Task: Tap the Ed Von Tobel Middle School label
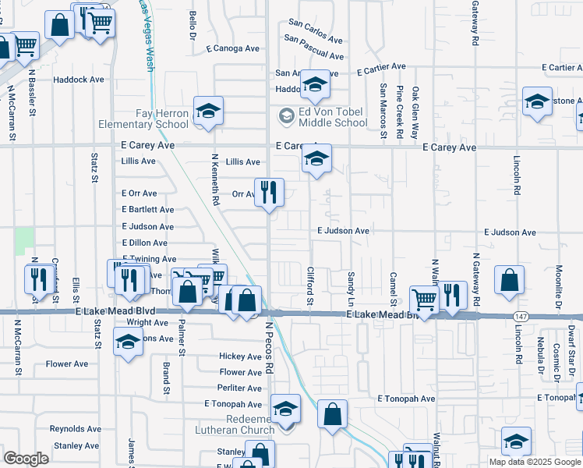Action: click(x=323, y=117)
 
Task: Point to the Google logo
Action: click(x=26, y=459)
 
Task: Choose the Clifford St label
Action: click(x=309, y=285)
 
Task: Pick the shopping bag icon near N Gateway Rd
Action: click(x=509, y=280)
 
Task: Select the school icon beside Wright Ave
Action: click(x=128, y=342)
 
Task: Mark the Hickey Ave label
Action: click(x=240, y=356)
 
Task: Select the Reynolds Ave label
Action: click(x=76, y=429)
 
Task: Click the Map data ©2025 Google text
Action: click(x=534, y=462)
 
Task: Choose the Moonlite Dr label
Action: click(x=559, y=282)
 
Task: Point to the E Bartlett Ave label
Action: click(x=148, y=210)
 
